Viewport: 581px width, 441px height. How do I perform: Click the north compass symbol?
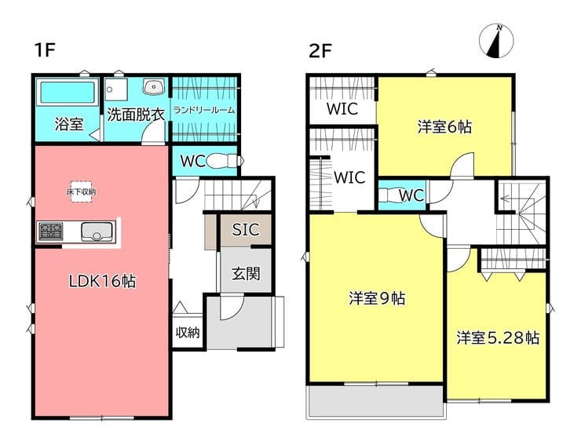[x=496, y=41]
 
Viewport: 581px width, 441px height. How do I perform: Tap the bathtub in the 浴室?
[x=68, y=92]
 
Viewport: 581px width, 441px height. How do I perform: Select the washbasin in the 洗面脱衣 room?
[x=152, y=87]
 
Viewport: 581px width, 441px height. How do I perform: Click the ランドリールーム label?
[x=204, y=110]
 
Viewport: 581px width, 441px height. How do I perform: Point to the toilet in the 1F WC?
[x=225, y=161]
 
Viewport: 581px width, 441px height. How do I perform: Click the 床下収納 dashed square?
[x=81, y=191]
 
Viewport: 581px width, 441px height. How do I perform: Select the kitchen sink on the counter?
[x=97, y=231]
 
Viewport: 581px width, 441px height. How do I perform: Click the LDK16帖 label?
[x=103, y=282]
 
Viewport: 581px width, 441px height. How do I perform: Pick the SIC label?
[x=246, y=230]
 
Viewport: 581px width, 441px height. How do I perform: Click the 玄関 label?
[x=246, y=274]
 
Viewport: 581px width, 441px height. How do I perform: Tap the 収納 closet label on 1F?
[x=188, y=333]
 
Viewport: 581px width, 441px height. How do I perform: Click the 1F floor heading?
[x=45, y=50]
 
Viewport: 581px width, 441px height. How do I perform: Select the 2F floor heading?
[x=320, y=52]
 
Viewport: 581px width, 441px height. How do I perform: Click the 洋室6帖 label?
[x=444, y=127]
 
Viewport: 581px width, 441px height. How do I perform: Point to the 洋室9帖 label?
[x=377, y=298]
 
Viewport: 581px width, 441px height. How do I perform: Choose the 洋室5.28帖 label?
[x=498, y=337]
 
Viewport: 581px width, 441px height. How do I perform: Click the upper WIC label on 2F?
[x=342, y=109]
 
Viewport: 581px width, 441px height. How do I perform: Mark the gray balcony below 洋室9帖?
[x=376, y=402]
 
